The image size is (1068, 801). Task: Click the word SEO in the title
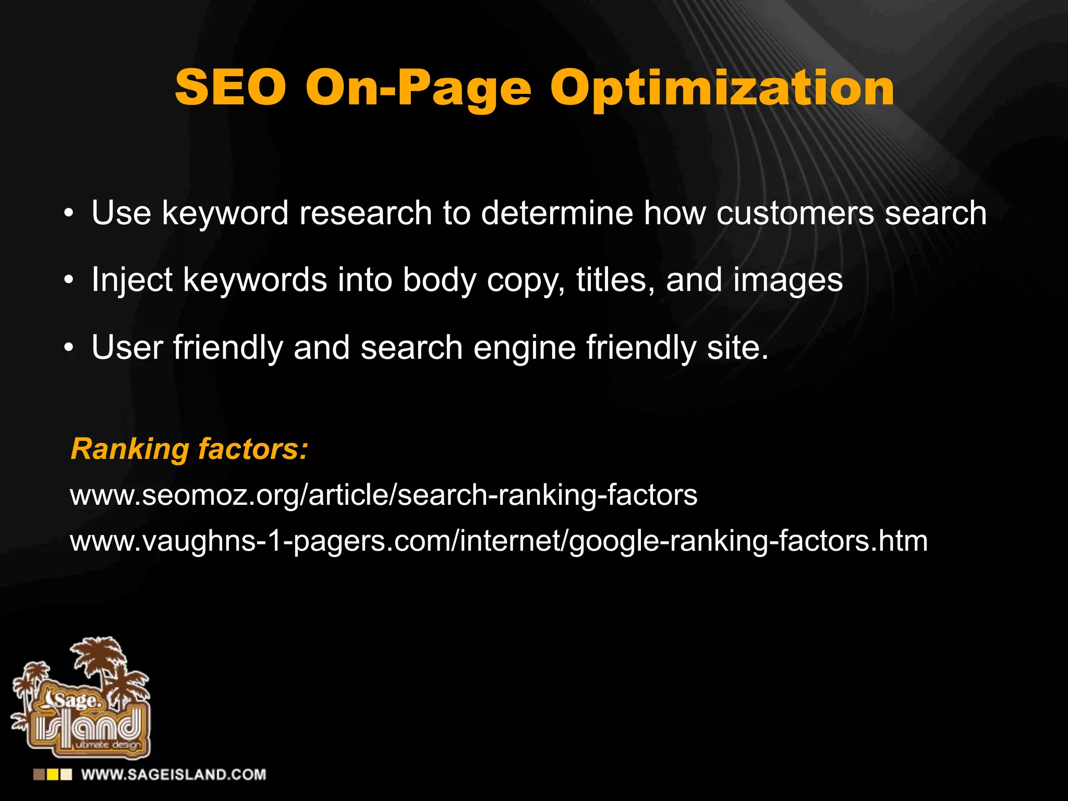(x=230, y=88)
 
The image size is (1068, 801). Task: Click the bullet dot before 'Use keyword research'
(x=68, y=214)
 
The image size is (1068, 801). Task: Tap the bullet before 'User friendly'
(x=68, y=349)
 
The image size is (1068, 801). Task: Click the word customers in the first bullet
(x=795, y=213)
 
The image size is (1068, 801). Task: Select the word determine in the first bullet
(x=556, y=213)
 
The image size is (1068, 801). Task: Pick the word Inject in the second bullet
(x=131, y=281)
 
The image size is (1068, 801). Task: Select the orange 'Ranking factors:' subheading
(x=189, y=449)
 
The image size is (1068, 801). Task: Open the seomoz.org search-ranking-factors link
(x=383, y=495)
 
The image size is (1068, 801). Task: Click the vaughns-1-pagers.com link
(x=499, y=541)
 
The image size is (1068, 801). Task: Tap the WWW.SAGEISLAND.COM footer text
(x=173, y=774)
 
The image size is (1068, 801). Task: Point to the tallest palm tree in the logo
(x=97, y=657)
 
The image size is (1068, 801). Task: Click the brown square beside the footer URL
(x=39, y=774)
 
